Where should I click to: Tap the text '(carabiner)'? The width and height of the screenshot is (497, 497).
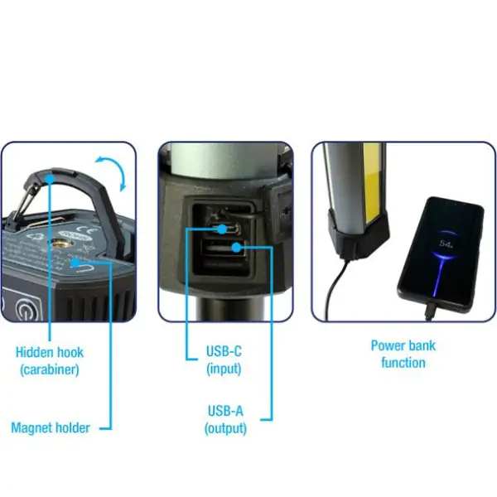click(50, 369)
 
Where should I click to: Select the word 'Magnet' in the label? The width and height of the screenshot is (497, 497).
click(31, 427)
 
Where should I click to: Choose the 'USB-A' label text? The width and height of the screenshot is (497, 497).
click(224, 411)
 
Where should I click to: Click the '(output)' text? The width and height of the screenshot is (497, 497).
click(225, 427)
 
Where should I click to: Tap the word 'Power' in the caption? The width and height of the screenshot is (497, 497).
click(389, 345)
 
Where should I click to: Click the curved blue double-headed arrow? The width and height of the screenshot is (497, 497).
click(114, 172)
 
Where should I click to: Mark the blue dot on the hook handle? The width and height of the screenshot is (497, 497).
click(53, 176)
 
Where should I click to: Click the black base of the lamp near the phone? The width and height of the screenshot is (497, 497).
click(352, 240)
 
